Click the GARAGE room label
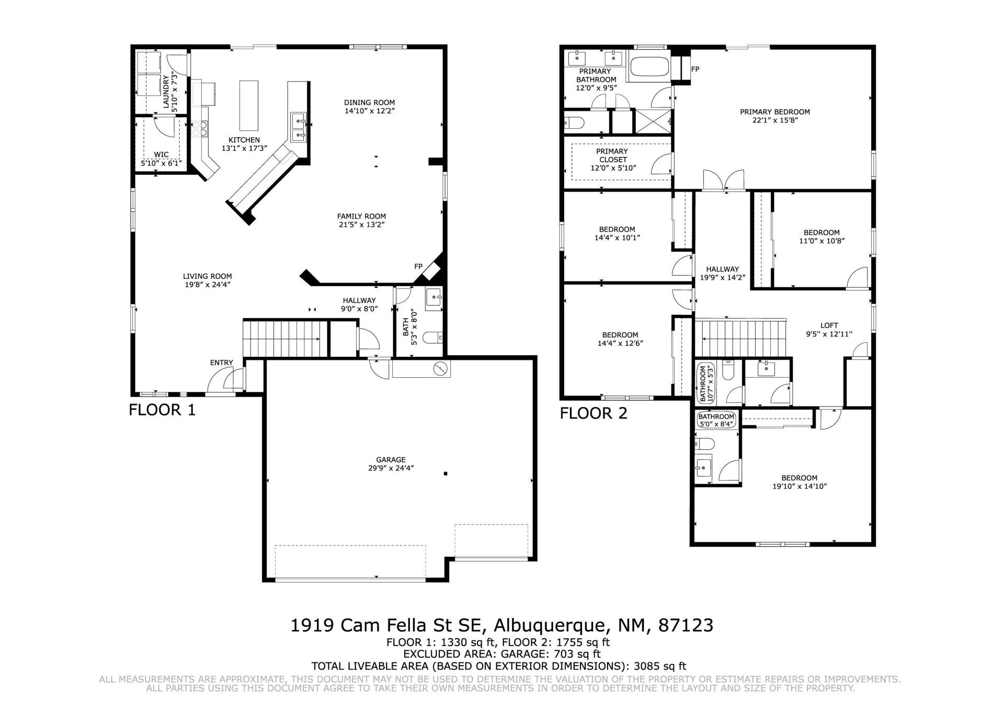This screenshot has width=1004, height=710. pyautogui.click(x=391, y=460)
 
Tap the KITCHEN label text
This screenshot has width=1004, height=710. pyautogui.click(x=244, y=140)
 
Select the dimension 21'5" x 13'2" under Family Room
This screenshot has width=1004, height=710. pyautogui.click(x=362, y=225)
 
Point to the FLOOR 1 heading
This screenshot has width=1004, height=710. pyautogui.click(x=162, y=410)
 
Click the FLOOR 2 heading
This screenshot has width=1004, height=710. pyautogui.click(x=594, y=413)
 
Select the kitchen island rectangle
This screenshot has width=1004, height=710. pyautogui.click(x=249, y=106)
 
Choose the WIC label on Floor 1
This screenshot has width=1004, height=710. pyautogui.click(x=161, y=155)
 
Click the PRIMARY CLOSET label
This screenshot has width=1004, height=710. pyautogui.click(x=612, y=155)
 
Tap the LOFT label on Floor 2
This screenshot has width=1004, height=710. pyautogui.click(x=829, y=325)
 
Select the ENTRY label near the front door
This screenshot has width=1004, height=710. pyautogui.click(x=222, y=363)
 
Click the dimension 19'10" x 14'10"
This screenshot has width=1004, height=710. pyautogui.click(x=800, y=486)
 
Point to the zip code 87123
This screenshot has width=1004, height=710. pyautogui.click(x=686, y=625)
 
